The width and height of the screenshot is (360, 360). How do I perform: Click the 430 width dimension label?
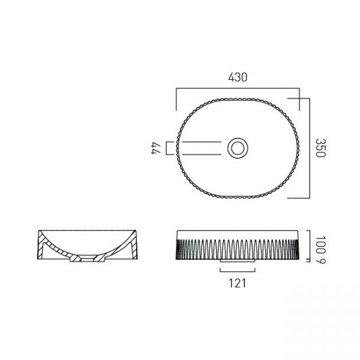tap(238, 77)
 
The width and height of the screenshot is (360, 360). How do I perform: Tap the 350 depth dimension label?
tap(320, 148)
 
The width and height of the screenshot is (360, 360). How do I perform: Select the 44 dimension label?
tap(155, 148)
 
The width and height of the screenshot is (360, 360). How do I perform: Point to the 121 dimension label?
tap(238, 283)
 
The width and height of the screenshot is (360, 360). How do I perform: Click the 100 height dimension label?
tap(320, 245)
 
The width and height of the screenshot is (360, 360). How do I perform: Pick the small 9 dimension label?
tap(320, 260)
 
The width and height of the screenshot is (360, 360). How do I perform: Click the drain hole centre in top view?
tap(238, 148)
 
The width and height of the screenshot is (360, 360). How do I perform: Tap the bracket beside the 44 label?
tap(167, 148)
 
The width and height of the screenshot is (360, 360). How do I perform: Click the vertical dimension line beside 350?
tap(310, 148)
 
